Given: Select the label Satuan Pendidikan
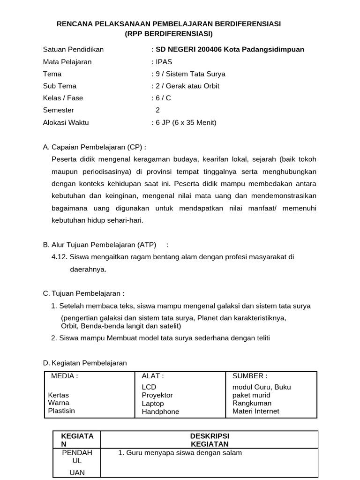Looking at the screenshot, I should tap(73, 49).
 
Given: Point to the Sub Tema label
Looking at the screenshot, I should tap(60, 86).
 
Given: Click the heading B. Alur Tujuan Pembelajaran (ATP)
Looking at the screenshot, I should tap(99, 245).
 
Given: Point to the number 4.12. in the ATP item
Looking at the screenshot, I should tap(60, 257).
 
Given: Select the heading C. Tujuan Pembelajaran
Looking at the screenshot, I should tap(83, 293).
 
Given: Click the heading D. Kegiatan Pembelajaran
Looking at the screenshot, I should tap(85, 363).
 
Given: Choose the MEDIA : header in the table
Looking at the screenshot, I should tap(64, 375).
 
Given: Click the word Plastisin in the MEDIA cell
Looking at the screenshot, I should tap(61, 411).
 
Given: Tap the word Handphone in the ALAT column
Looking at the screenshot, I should tap(160, 412).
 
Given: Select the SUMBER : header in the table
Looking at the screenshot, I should tap(250, 375).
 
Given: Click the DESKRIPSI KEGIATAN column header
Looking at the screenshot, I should tap(210, 440).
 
